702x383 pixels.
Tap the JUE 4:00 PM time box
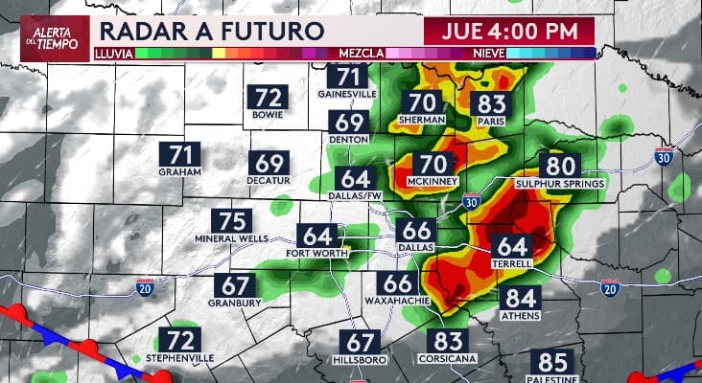pyautogui.click(x=509, y=30)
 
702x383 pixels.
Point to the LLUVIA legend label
pyautogui.click(x=113, y=54)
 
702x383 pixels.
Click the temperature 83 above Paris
pyautogui.click(x=490, y=103)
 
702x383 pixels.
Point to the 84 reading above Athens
pyautogui.click(x=521, y=299)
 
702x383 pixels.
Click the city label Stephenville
pyautogui.click(x=179, y=358)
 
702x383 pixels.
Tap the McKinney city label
pyautogui.click(x=433, y=181)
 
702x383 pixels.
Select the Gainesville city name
pyautogui.click(x=347, y=94)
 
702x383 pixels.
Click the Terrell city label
pyautogui.click(x=511, y=263)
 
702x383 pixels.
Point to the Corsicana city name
pyautogui.click(x=448, y=357)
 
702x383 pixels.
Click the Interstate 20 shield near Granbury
pyautogui.click(x=144, y=286)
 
